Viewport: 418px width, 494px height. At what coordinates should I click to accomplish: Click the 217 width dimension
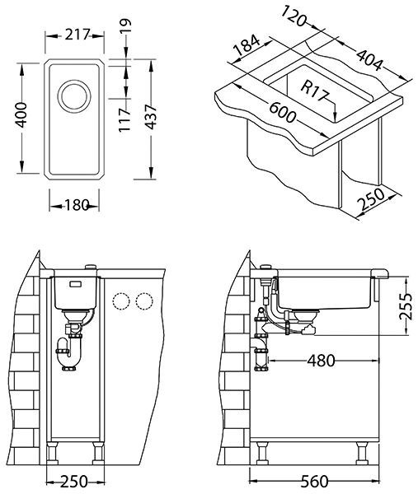click(77, 35)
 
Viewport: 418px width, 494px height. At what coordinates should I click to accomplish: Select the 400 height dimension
click(21, 114)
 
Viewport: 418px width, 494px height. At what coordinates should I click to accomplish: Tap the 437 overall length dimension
click(152, 117)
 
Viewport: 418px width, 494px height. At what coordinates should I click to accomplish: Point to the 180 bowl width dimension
click(77, 206)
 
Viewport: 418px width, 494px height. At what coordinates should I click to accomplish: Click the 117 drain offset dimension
click(124, 119)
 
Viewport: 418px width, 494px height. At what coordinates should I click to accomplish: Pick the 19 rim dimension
click(125, 26)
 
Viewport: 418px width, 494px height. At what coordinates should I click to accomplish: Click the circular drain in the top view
click(74, 96)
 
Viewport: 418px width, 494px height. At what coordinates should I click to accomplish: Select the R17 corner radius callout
click(314, 91)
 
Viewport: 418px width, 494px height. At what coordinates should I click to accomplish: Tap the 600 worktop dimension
click(282, 113)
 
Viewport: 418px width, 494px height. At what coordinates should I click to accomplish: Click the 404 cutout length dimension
click(369, 60)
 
